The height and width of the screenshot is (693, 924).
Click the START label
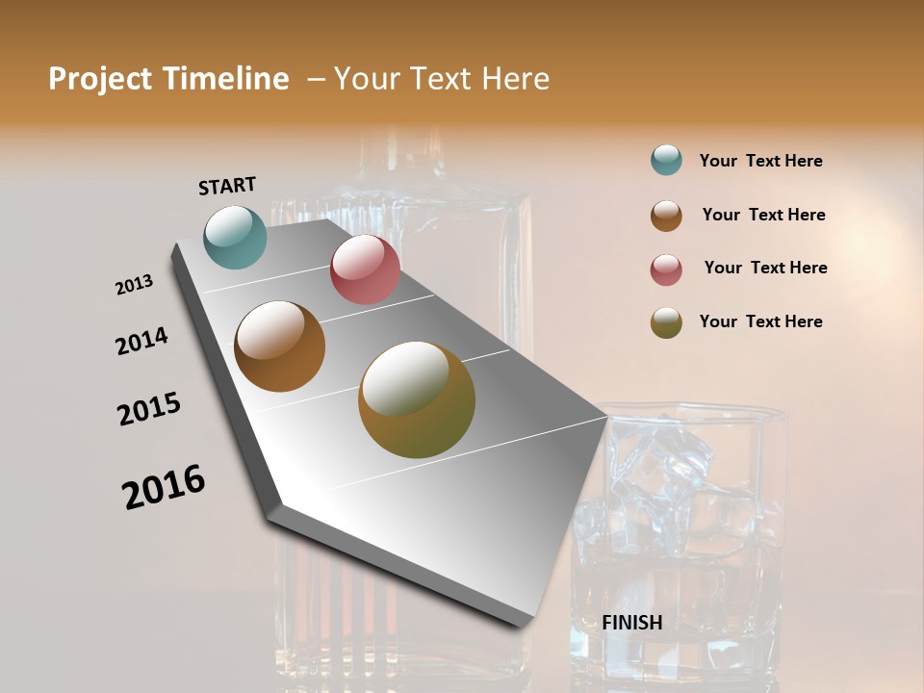(x=227, y=186)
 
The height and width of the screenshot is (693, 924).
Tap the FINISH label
(x=632, y=623)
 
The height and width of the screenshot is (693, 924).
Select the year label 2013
(x=134, y=285)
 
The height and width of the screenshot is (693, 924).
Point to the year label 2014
(x=141, y=341)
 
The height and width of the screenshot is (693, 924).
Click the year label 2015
(x=149, y=409)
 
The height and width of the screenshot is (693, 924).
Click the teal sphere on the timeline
(x=236, y=237)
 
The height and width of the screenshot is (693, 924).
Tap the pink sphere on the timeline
(x=365, y=269)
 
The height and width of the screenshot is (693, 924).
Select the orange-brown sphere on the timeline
(x=279, y=346)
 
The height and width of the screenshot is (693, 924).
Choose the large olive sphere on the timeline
(x=417, y=399)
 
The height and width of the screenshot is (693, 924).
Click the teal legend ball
(x=666, y=160)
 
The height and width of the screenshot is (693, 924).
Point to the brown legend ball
(x=666, y=216)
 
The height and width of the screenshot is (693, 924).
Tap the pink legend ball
(x=666, y=269)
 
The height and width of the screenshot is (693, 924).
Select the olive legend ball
(x=666, y=322)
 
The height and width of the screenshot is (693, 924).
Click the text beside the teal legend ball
(x=760, y=161)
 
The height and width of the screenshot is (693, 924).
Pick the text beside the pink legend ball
(x=765, y=268)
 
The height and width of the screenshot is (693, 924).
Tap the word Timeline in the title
(x=227, y=79)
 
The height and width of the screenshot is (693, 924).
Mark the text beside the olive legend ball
(x=760, y=321)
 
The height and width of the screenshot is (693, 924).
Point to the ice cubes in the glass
(x=664, y=472)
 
